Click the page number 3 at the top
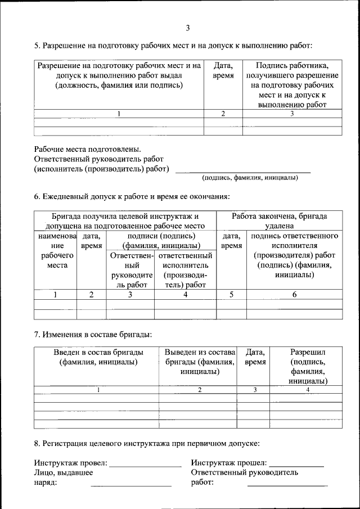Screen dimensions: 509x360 (x=188, y=28)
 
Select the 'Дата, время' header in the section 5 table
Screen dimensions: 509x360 (x=223, y=70)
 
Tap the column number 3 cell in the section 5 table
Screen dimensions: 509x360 (x=292, y=114)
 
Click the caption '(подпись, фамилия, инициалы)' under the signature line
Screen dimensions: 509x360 (x=250, y=178)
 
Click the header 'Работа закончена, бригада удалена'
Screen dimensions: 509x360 (x=279, y=220)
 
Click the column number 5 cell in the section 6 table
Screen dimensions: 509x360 (x=231, y=294)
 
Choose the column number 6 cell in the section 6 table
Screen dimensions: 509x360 (x=294, y=294)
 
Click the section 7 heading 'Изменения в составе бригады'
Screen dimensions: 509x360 (x=93, y=335)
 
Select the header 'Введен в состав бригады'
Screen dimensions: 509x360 (x=96, y=357)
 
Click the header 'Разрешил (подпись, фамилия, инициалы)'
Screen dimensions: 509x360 (x=307, y=366)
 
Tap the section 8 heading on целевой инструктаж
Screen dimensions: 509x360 (x=146, y=443)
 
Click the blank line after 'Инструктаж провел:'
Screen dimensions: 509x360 (x=145, y=466)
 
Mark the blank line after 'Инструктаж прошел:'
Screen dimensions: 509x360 (x=296, y=466)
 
